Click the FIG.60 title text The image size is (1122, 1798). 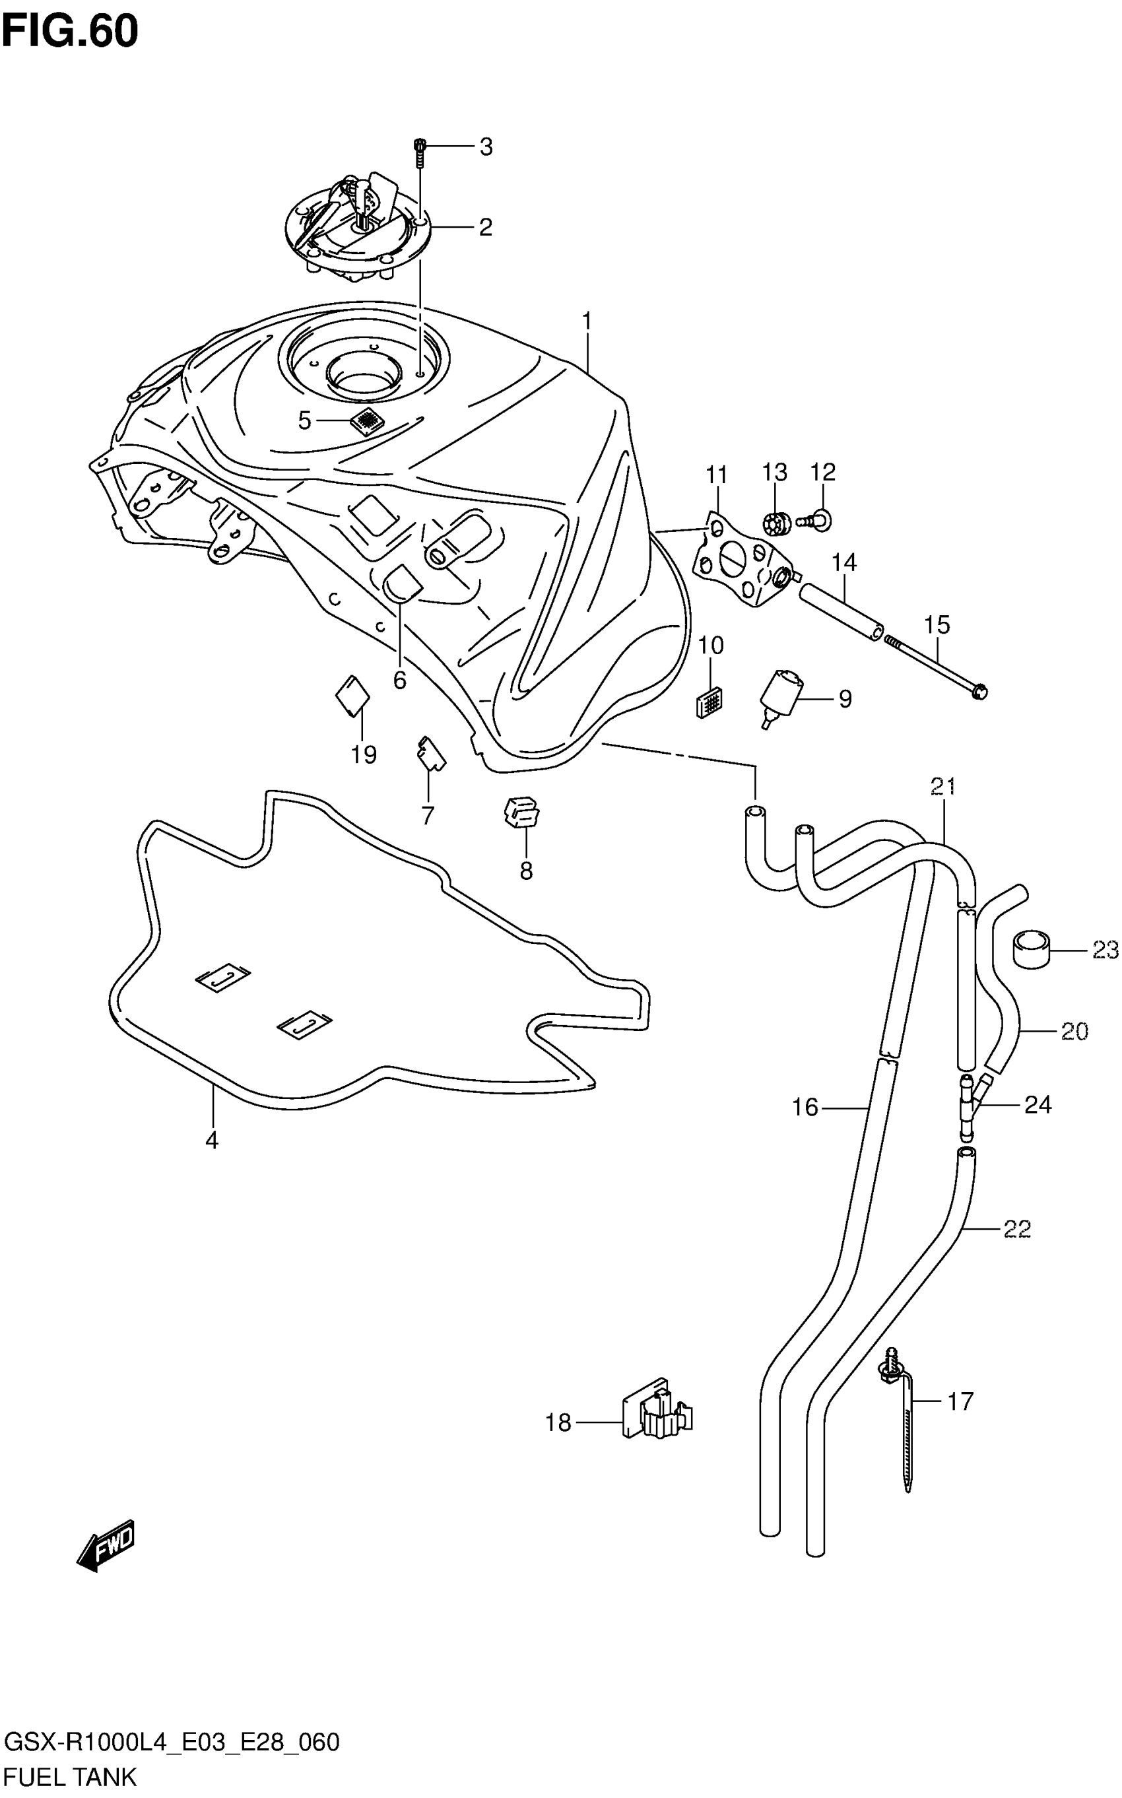[x=70, y=31]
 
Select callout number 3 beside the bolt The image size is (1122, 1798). [x=485, y=148]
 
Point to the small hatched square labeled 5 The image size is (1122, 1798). [x=366, y=420]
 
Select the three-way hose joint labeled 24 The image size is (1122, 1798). [x=969, y=1105]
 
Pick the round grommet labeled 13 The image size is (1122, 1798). [x=774, y=525]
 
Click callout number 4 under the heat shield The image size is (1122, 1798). [x=213, y=1141]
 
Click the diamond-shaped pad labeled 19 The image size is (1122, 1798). [x=352, y=697]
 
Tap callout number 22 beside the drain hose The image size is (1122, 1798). [x=1016, y=1230]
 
